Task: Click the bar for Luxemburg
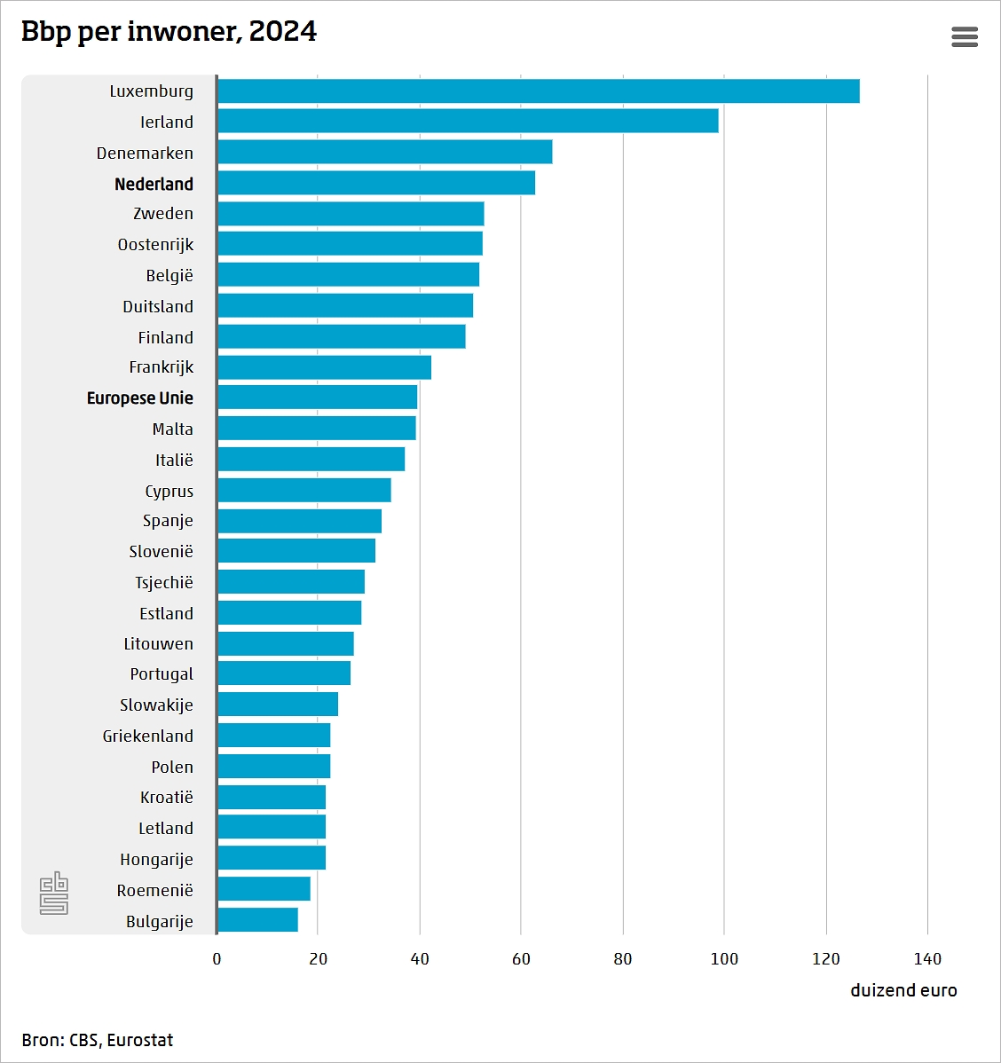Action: pos(538,91)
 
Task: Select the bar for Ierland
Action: pos(468,122)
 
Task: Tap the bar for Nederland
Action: pos(375,183)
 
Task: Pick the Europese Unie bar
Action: pos(317,398)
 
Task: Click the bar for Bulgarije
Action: pos(257,920)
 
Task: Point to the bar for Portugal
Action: pos(284,673)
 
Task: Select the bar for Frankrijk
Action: pos(324,367)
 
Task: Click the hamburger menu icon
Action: pos(965,36)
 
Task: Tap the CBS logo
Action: pos(54,893)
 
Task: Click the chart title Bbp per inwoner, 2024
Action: pos(169,31)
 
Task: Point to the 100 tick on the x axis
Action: pos(724,958)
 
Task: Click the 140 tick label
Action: pos(927,958)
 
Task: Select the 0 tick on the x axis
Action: pos(217,958)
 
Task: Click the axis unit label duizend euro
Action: pos(903,990)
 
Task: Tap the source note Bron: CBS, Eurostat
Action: pos(98,1040)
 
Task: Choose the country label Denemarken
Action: pos(145,153)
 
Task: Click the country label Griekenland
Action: pos(147,736)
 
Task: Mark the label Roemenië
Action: pos(154,890)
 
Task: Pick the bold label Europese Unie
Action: pos(139,398)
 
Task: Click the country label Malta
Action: pos(172,429)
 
